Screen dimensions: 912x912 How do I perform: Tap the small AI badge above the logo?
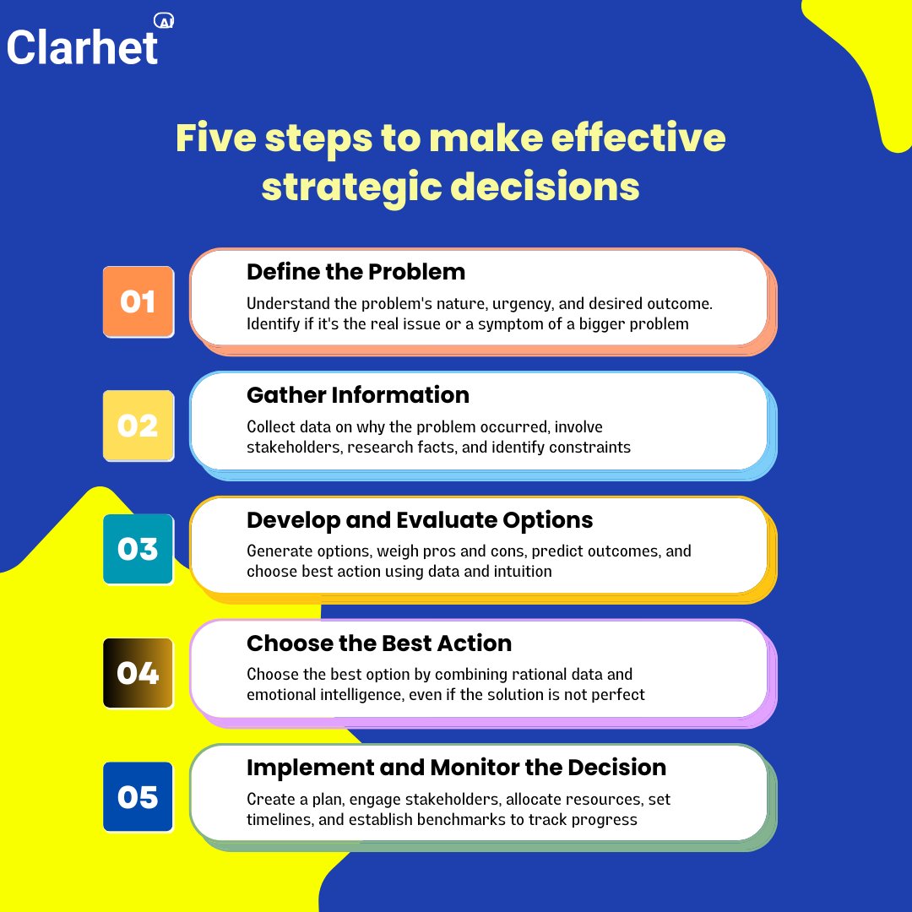pos(165,22)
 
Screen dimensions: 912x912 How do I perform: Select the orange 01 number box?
pos(138,302)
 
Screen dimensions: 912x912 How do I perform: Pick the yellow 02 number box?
pos(138,426)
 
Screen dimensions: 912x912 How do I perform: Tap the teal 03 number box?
pos(138,550)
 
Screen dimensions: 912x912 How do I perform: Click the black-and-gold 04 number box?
pos(138,673)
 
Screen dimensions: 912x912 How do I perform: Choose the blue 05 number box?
pos(138,797)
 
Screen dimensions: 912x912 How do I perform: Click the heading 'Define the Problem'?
pos(356,272)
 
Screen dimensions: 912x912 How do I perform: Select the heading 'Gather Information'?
pos(357,395)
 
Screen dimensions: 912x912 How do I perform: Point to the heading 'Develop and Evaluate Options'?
pos(420,519)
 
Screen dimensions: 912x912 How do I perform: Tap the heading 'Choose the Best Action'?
pos(379,643)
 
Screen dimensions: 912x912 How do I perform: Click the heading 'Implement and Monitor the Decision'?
pos(456,768)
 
